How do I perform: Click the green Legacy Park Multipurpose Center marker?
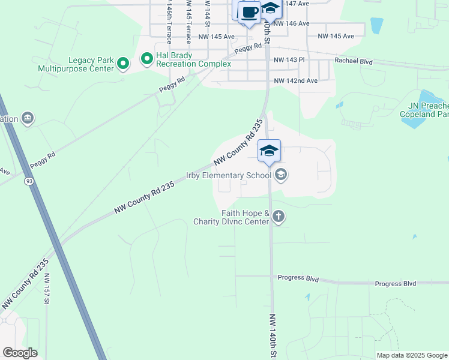(123, 64)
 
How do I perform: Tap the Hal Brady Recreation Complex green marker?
(146, 59)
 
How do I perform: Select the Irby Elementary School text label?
(229, 175)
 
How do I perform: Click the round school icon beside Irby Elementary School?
(280, 175)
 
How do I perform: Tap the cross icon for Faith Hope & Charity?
(278, 217)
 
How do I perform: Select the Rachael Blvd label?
(354, 61)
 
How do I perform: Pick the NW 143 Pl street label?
(289, 60)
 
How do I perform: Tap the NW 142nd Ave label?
(295, 80)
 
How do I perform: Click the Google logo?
(20, 352)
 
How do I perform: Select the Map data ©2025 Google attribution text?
(412, 355)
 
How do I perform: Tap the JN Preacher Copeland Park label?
(424, 109)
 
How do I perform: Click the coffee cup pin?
(249, 13)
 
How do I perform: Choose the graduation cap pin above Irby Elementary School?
(269, 151)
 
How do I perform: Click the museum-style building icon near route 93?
(28, 118)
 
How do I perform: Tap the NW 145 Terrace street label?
(188, 21)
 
